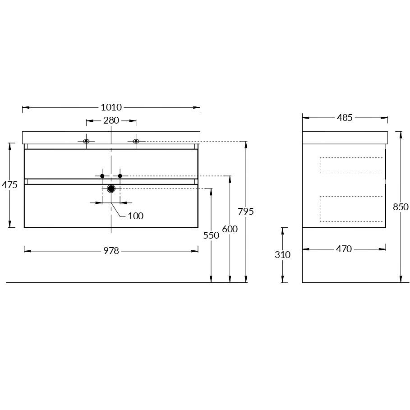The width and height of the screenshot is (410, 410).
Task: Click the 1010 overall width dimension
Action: click(x=111, y=107)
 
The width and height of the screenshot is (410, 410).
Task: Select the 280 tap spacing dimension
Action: click(x=111, y=120)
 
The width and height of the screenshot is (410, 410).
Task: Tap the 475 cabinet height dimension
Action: click(x=9, y=185)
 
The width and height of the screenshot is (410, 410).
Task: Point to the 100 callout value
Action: click(x=136, y=216)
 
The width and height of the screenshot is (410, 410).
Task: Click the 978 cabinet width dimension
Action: click(x=111, y=251)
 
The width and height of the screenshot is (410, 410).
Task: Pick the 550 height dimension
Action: click(x=211, y=235)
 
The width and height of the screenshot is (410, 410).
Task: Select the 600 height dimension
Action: click(x=230, y=229)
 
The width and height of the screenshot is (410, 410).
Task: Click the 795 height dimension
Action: click(x=246, y=211)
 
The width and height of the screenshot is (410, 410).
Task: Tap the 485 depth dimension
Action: click(x=345, y=118)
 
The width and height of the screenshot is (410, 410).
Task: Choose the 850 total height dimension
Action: click(x=401, y=207)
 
